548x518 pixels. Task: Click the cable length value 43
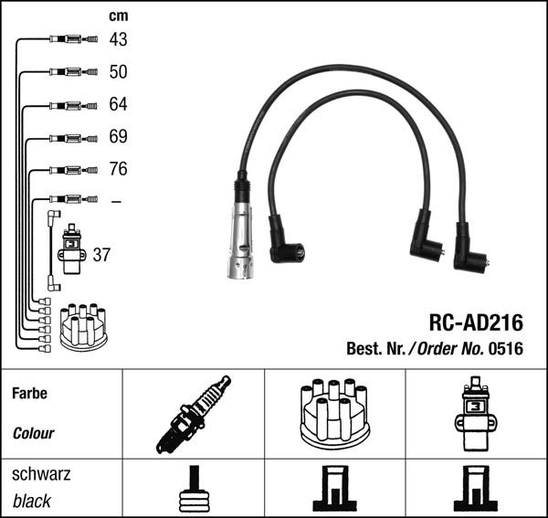click(x=118, y=39)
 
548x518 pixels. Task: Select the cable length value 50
click(x=118, y=72)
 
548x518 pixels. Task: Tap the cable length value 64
click(x=118, y=105)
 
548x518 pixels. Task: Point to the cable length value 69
click(x=118, y=137)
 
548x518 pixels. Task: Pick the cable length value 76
click(x=118, y=169)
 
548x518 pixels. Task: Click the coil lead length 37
click(x=101, y=255)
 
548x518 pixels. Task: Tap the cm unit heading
click(x=118, y=15)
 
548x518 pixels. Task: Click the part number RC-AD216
click(x=476, y=322)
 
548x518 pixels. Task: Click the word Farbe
click(x=29, y=394)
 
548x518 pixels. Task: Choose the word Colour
click(x=33, y=433)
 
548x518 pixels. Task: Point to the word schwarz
click(x=41, y=474)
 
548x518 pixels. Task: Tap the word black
click(x=32, y=501)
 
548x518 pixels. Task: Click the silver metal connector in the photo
click(x=239, y=243)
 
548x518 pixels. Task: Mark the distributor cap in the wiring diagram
click(x=83, y=327)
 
